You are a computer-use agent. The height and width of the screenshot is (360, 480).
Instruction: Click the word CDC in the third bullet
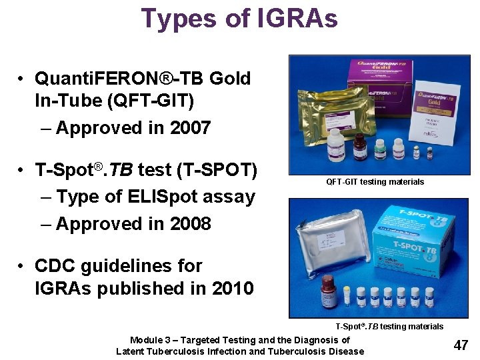59,265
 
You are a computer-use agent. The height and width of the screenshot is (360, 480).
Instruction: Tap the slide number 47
460,345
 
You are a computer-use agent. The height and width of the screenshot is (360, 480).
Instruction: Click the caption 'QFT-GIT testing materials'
375,181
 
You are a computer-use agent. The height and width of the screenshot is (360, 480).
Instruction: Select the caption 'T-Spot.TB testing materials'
389,326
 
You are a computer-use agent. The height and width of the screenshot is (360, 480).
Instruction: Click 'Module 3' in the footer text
149,340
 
